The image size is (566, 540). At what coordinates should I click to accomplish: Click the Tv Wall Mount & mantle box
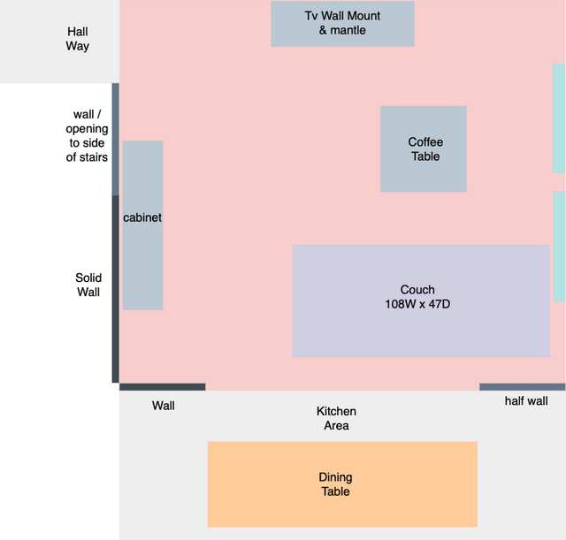click(342, 24)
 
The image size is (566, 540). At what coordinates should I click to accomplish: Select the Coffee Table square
click(424, 149)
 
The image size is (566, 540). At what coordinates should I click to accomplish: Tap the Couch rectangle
click(421, 300)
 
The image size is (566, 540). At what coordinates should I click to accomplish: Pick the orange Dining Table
click(342, 484)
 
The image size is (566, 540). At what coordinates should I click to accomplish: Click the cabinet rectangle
click(142, 225)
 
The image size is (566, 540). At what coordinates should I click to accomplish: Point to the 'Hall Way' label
click(78, 39)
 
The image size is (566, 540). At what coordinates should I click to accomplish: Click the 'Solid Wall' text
click(88, 285)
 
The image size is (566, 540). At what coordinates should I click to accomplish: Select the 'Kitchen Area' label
click(336, 418)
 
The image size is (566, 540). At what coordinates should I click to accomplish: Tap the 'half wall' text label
click(526, 400)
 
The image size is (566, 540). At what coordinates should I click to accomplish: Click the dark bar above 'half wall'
click(523, 387)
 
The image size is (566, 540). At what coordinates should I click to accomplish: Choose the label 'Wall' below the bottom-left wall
click(163, 406)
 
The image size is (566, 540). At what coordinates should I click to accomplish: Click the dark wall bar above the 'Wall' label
click(163, 387)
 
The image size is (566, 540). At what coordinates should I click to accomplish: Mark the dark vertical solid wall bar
click(116, 289)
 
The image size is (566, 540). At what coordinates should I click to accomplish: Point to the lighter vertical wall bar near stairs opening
click(116, 139)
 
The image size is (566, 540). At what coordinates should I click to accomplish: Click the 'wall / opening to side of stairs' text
click(87, 135)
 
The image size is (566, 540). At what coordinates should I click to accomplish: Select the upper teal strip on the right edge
click(559, 118)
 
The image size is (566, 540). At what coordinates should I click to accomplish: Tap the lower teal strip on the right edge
click(560, 247)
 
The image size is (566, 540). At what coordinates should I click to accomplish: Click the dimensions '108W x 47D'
click(417, 304)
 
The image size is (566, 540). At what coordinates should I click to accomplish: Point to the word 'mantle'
click(348, 30)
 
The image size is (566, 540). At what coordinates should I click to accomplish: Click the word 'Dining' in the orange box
click(335, 477)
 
